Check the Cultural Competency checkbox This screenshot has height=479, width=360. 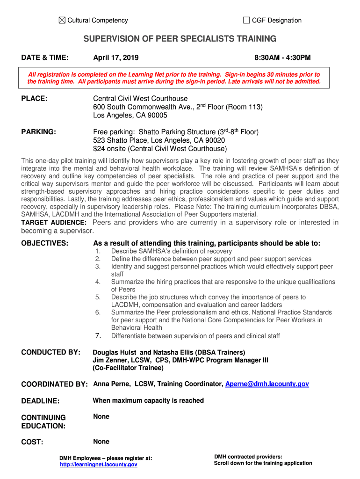63,20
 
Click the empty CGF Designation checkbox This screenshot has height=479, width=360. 246,20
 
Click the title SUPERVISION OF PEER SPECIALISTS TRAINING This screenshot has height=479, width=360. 180,39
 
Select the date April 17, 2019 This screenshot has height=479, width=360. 115,58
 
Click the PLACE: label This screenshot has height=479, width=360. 36,99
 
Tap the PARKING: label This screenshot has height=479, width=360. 39,132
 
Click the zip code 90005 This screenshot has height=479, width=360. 157,116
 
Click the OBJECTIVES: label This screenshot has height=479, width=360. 45,243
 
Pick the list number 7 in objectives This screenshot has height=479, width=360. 98,335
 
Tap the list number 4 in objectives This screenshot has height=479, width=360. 98,282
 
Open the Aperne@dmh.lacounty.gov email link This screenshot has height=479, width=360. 267,384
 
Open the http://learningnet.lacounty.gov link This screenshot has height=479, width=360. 99,464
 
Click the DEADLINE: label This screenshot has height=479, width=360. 41,401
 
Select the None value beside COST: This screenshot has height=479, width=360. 101,441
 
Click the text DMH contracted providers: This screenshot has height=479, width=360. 248,457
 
